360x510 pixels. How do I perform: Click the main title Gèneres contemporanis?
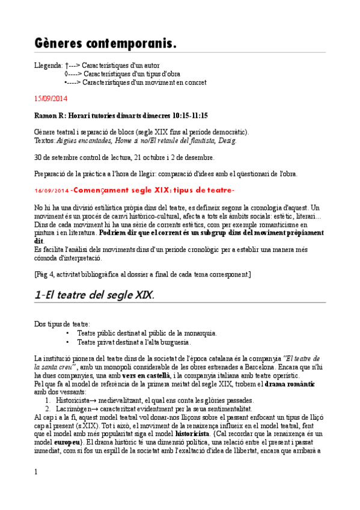click(105, 44)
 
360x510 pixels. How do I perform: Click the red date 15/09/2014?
click(51, 98)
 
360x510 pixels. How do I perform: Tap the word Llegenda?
click(48, 64)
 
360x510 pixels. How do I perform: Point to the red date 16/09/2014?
click(51, 191)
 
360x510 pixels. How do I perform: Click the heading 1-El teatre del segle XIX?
click(94, 295)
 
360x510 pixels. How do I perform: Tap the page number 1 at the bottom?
click(37, 472)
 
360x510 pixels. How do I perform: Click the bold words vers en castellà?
click(146, 375)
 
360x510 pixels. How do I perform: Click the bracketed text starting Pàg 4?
click(142, 275)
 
